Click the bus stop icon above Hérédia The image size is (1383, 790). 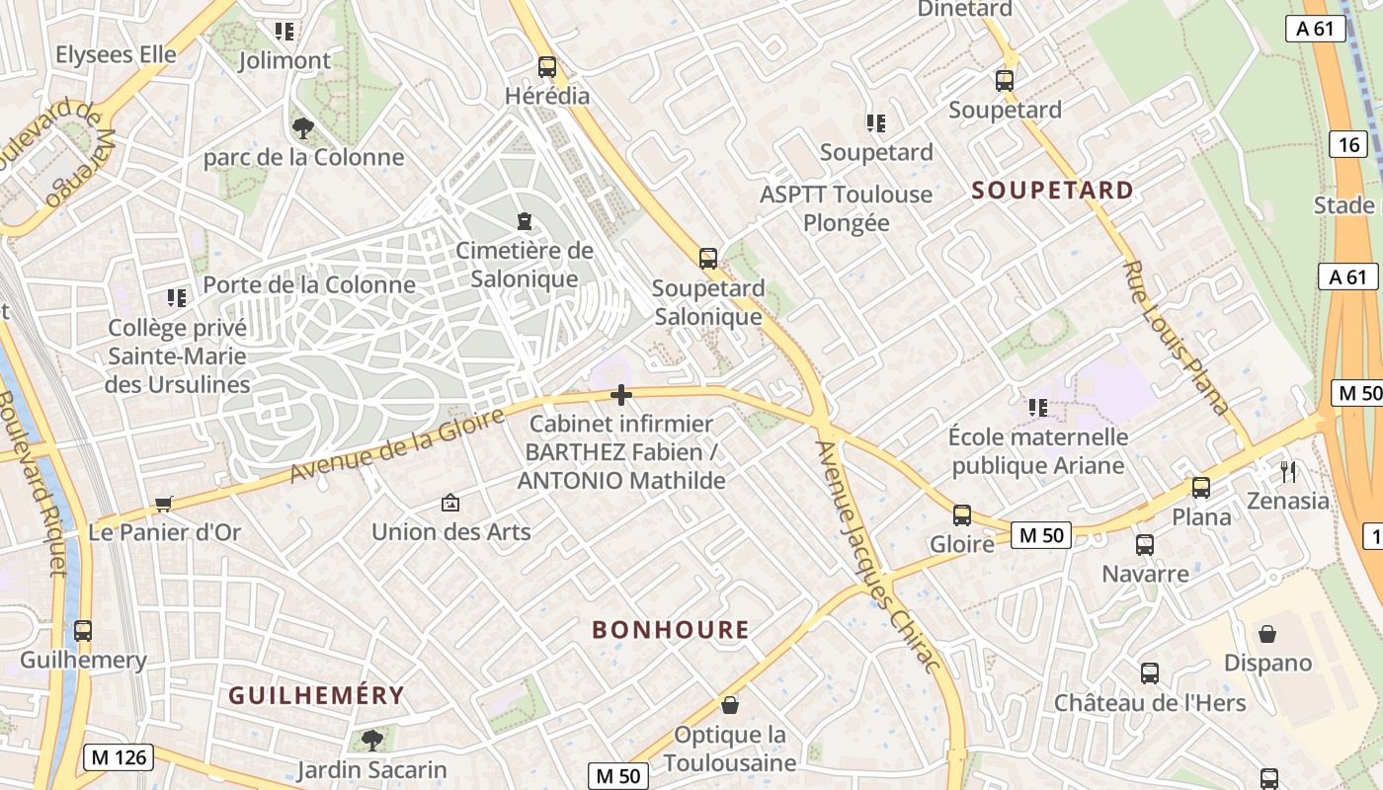[546, 67]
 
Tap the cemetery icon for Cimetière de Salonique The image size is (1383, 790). [524, 220]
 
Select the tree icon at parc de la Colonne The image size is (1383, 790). [302, 126]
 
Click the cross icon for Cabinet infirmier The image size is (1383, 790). [621, 396]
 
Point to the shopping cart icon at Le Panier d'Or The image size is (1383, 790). [164, 505]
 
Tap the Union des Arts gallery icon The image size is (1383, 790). [450, 503]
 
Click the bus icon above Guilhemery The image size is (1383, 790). [83, 630]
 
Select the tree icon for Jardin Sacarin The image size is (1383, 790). [371, 740]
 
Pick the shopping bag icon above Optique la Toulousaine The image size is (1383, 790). [730, 705]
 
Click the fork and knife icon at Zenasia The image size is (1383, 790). [1287, 471]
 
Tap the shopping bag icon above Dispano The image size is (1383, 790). [1267, 633]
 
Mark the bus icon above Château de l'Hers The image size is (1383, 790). [1150, 673]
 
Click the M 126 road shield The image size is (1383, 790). [119, 757]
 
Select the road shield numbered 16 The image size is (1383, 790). [1349, 145]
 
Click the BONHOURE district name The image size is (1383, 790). [671, 629]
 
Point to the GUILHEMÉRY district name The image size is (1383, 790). [316, 695]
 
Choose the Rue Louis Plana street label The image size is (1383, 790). [1176, 337]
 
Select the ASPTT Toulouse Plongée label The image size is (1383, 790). [846, 208]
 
